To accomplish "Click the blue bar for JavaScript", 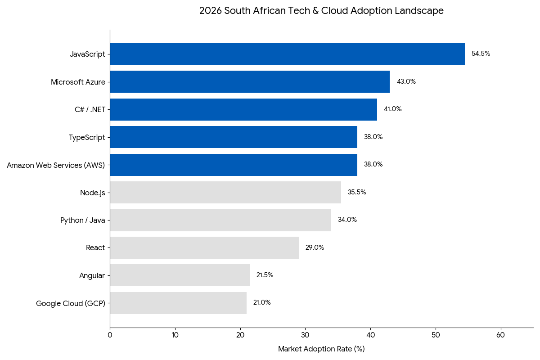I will [287, 54].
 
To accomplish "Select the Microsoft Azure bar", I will [250, 81].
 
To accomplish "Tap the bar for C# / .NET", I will [243, 109].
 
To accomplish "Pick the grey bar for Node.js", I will [225, 192].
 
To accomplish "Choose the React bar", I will [204, 247].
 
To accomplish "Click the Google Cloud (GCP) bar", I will [178, 303].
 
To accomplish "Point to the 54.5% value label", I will [481, 54].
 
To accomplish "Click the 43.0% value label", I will [406, 81].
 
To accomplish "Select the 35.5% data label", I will [357, 192].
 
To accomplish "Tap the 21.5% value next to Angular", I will [265, 275].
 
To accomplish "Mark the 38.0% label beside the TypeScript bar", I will [373, 137].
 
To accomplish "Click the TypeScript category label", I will [87, 137].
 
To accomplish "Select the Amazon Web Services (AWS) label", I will [56, 165].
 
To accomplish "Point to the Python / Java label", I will [83, 220].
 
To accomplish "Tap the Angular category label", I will [92, 275].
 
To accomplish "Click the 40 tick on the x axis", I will [370, 335].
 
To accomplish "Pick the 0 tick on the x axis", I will [110, 335].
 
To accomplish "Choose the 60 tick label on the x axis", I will [500, 335].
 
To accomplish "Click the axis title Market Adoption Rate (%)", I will [321, 349].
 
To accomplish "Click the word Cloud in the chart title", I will [334, 11].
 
